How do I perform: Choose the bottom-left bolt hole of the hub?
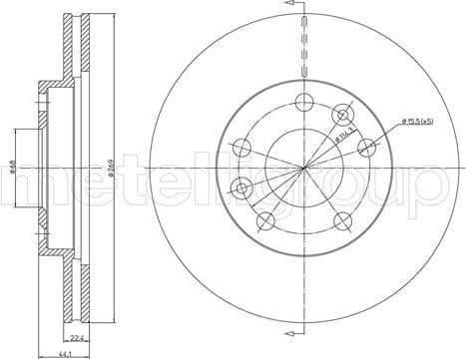point(264,221)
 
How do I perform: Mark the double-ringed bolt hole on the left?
point(240,186)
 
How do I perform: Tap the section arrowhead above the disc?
point(292,6)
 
